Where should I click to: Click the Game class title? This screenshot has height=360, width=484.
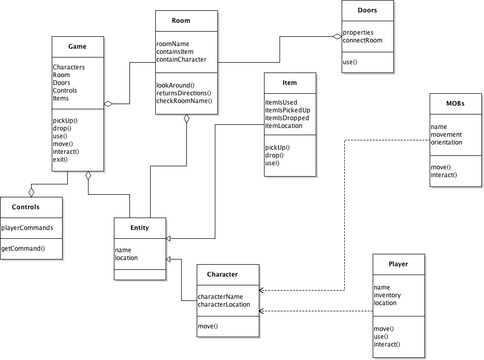(x=78, y=47)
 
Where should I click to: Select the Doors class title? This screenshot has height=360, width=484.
(x=368, y=10)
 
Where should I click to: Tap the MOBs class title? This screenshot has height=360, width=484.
(x=455, y=103)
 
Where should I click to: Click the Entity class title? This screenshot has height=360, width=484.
(x=140, y=228)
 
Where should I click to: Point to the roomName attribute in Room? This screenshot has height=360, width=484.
(x=173, y=44)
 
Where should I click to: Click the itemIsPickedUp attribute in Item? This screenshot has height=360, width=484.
(x=287, y=110)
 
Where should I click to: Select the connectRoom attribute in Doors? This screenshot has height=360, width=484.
(x=362, y=40)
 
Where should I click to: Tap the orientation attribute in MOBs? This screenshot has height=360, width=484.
(x=446, y=142)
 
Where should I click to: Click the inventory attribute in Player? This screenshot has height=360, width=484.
(x=387, y=295)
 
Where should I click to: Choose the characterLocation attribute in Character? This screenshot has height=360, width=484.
(x=224, y=305)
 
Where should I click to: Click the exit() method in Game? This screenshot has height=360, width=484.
(x=61, y=160)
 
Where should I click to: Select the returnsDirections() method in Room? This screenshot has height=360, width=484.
(x=184, y=93)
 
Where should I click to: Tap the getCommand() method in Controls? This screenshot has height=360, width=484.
(x=23, y=249)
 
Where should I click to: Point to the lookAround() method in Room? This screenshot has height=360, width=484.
(x=175, y=85)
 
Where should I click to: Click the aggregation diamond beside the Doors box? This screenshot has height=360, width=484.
(x=337, y=36)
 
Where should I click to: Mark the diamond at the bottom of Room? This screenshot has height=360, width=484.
(x=186, y=119)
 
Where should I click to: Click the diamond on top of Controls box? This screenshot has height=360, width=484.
(x=31, y=192)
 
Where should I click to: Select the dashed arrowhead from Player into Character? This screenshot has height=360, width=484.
(x=262, y=311)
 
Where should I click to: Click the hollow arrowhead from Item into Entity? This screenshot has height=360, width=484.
(x=169, y=238)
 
